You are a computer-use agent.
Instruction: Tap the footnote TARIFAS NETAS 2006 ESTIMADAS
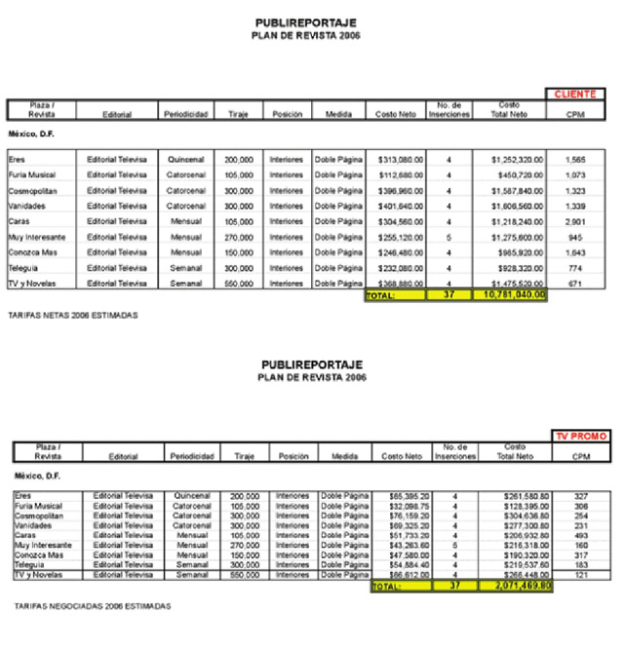pyautogui.click(x=71, y=317)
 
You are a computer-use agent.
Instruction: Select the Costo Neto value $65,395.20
pyautogui.click(x=399, y=496)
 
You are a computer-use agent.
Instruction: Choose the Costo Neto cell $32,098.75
pyautogui.click(x=399, y=507)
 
